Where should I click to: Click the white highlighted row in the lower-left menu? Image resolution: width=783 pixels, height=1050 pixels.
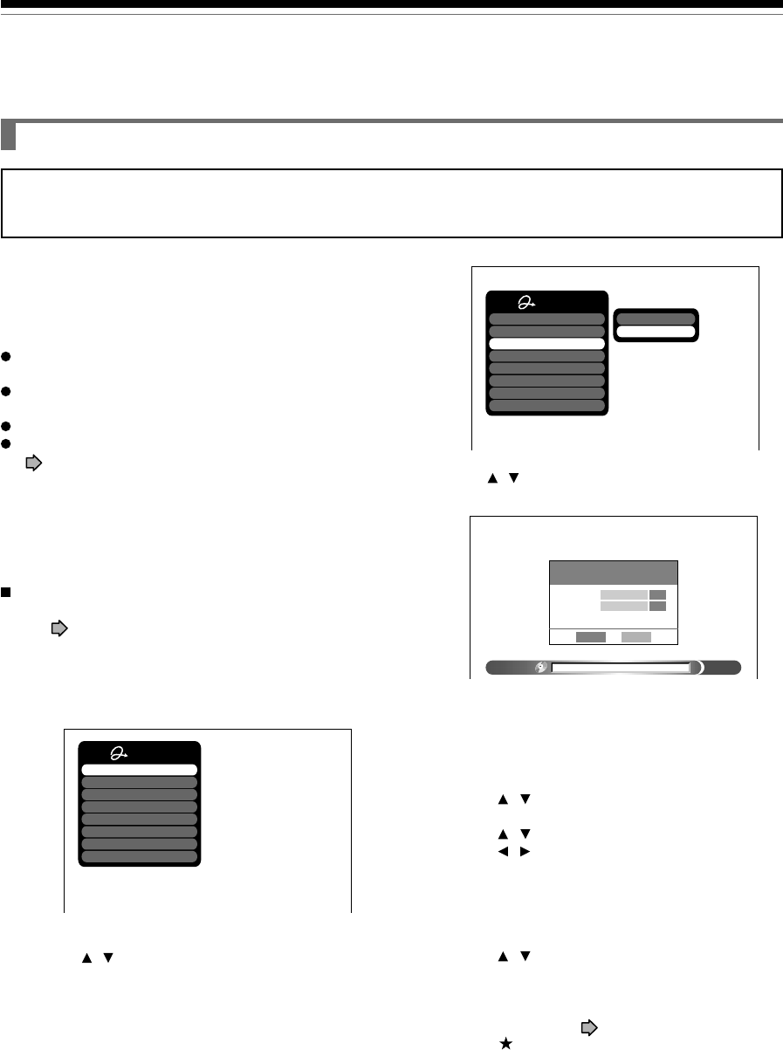140,770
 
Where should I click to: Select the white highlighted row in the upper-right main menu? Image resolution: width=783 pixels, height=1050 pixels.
546,344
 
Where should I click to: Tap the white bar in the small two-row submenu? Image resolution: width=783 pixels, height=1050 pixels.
656,332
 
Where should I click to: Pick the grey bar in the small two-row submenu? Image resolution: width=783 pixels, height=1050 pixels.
656,319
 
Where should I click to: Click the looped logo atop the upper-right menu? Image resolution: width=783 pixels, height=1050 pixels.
528,303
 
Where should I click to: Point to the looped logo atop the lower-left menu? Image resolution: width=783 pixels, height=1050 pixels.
120,754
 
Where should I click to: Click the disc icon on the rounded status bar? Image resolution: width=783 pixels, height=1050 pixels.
541,668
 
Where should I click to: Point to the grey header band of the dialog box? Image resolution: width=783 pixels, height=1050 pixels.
614,573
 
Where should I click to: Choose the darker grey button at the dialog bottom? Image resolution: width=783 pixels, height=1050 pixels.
591,636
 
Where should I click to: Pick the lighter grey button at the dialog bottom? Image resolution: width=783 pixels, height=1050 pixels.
636,636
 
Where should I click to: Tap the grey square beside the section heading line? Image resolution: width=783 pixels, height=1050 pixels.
9,136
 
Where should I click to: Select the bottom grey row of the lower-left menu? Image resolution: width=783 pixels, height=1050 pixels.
140,856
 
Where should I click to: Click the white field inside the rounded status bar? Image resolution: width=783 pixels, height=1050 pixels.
621,668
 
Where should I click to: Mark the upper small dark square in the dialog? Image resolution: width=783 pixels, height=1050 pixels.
658,594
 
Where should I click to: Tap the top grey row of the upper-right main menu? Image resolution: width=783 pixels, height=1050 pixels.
546,319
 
